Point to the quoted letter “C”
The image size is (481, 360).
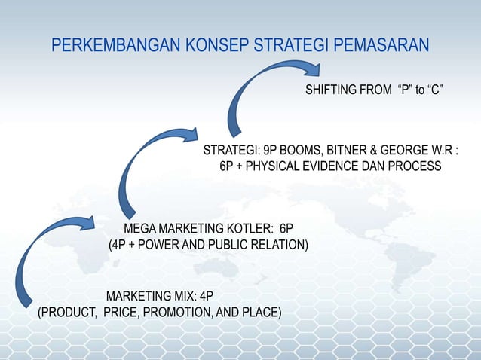[433, 91]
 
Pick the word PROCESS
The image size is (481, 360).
[417, 166]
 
